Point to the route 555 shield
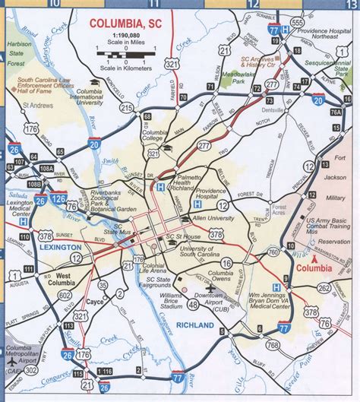pyautogui.click(x=296, y=23)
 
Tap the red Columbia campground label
pyautogui.click(x=314, y=268)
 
